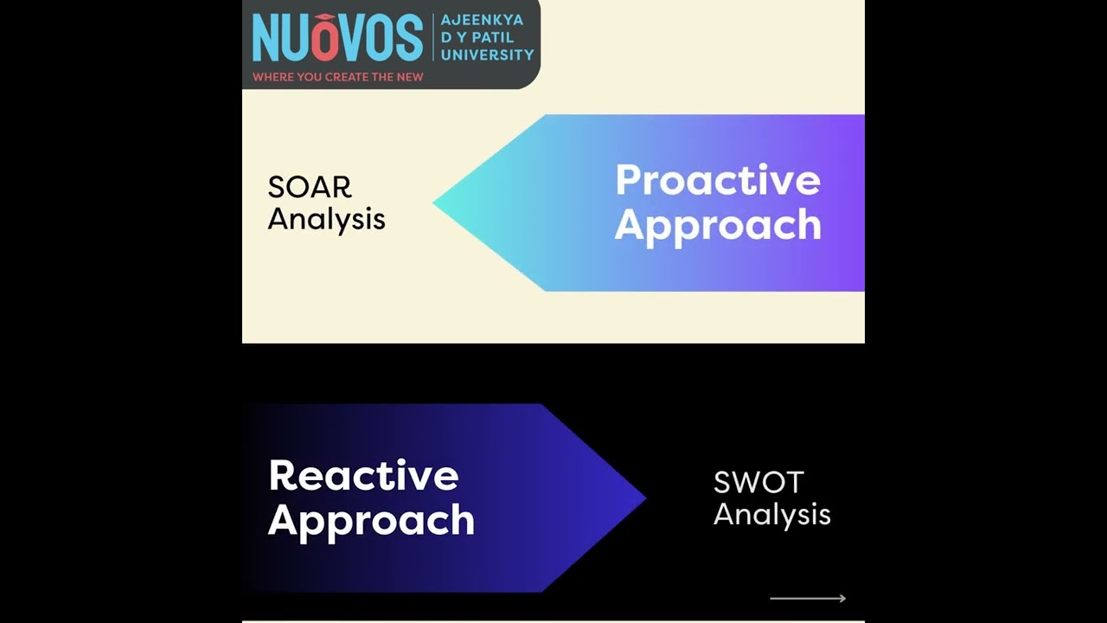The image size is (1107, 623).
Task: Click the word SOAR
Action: click(x=310, y=188)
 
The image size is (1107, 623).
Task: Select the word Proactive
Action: click(x=718, y=181)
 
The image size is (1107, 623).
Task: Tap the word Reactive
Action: click(x=363, y=476)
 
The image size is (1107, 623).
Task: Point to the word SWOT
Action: click(x=758, y=483)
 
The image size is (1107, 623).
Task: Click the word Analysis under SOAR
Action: click(x=326, y=219)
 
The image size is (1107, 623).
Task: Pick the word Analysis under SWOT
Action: click(x=771, y=514)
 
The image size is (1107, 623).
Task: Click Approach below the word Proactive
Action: click(x=718, y=225)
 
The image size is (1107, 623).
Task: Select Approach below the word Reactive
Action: click(x=371, y=520)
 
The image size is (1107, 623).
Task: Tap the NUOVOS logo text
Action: click(x=337, y=39)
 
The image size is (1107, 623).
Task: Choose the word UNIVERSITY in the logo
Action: click(x=488, y=55)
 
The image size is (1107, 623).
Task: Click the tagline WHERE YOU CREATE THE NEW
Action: click(x=337, y=77)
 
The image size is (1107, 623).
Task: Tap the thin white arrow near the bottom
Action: click(x=808, y=598)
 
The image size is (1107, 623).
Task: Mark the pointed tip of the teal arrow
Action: click(x=435, y=202)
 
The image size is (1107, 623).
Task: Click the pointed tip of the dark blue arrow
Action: click(x=644, y=498)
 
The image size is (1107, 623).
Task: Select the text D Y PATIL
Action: click(x=477, y=37)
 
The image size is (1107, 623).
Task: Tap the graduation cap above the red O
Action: click(x=323, y=17)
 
